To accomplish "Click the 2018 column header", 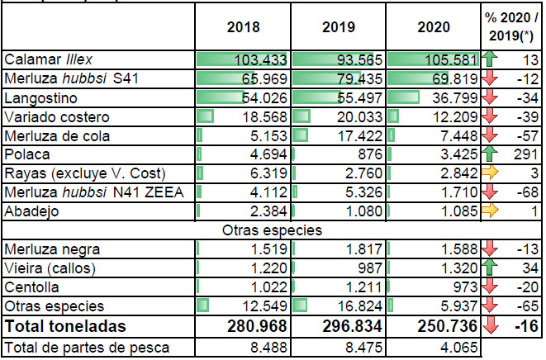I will pos(243,26).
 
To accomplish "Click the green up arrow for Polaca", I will pos(490,154).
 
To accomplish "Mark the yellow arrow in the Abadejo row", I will pos(490,211).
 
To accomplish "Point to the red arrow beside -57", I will pos(490,135).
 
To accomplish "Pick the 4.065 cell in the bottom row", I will pos(455,348).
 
